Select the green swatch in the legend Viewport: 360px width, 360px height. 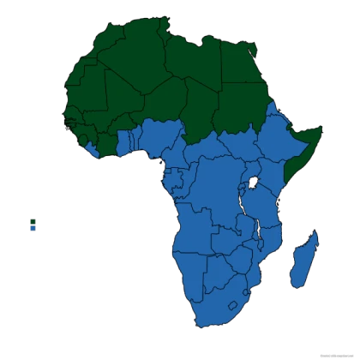point(33,219)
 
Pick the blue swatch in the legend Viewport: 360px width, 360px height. point(33,228)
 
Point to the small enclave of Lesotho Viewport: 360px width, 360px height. point(231,305)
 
